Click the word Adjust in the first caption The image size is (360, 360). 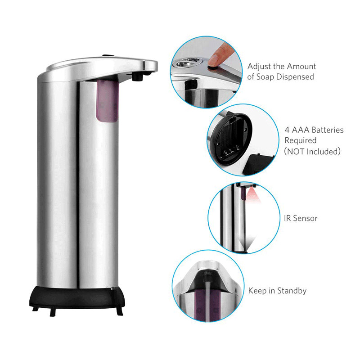tap(259, 67)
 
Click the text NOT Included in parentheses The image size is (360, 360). tap(312, 152)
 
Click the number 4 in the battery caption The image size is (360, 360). tap(287, 130)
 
